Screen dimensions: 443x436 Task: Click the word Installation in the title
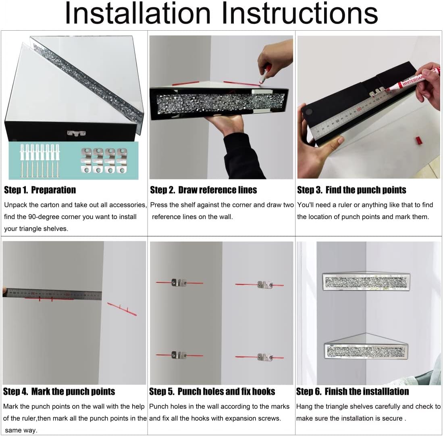pos(137,13)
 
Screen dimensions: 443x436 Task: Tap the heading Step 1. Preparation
pos(40,190)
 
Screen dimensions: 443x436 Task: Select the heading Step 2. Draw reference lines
pos(204,190)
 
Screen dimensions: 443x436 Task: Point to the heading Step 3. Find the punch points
pos(351,190)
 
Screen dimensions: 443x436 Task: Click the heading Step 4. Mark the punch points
pos(59,392)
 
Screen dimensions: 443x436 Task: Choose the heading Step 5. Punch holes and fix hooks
pos(212,392)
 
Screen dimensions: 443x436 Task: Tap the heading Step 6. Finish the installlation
pos(352,392)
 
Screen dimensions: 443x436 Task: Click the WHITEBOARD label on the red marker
pos(413,80)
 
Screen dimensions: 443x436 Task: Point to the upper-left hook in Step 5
pos(179,282)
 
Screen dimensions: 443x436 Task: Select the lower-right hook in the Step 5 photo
pos(265,357)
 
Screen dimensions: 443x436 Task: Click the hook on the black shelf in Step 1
pos(76,133)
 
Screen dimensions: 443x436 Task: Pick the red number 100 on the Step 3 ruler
pos(359,109)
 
